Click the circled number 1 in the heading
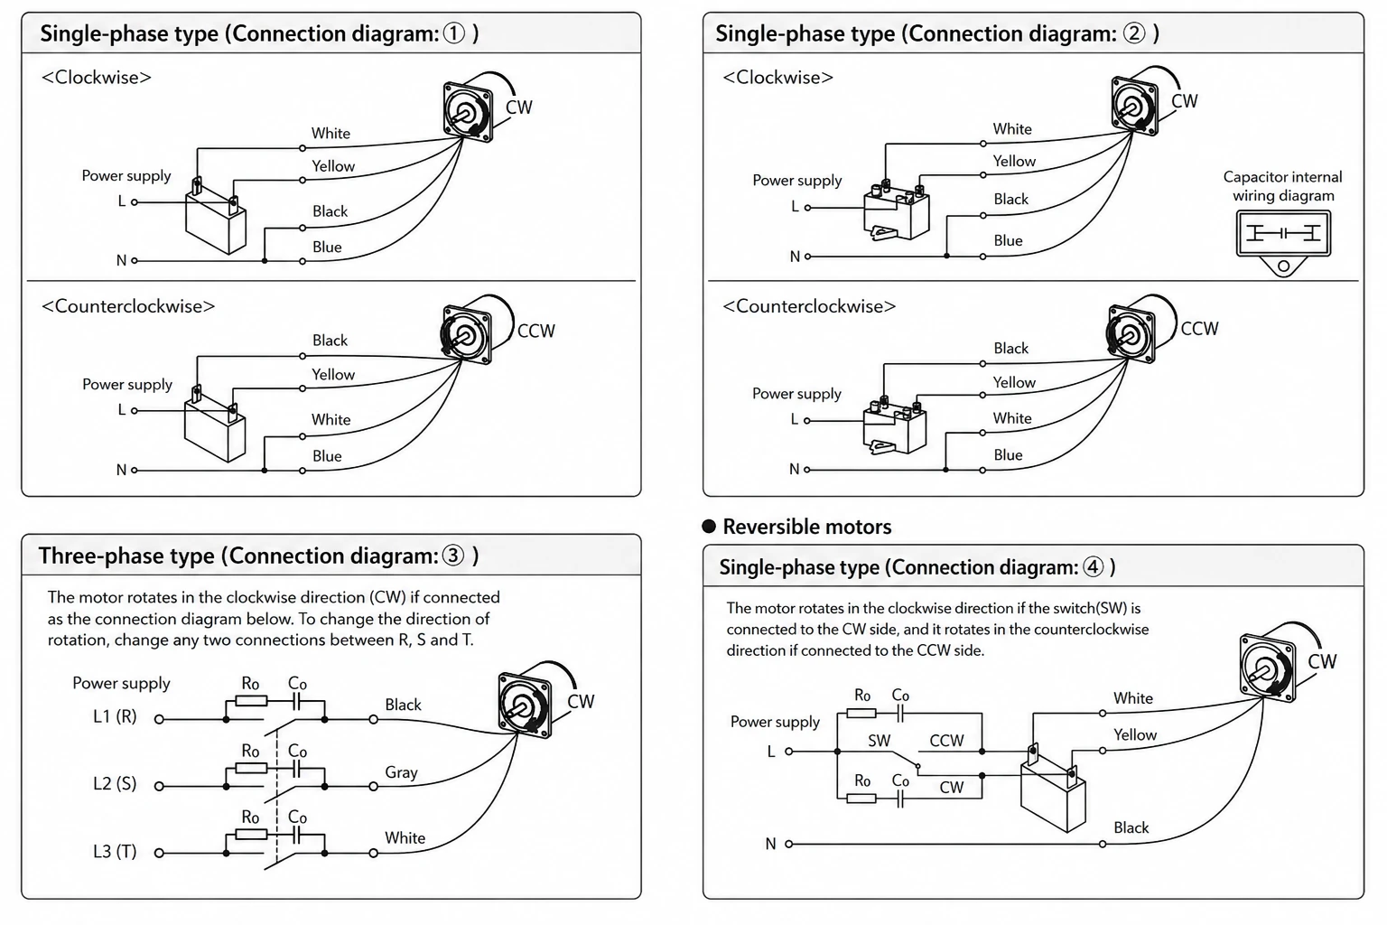454,33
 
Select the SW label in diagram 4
879,741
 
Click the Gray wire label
401,772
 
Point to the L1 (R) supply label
115,716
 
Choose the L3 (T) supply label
115,851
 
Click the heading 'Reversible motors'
806,527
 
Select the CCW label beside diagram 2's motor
1199,329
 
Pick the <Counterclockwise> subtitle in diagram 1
128,306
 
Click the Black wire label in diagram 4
1131,827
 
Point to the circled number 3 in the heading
453,556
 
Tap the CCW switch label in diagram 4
946,741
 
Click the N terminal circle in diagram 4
789,844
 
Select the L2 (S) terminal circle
159,786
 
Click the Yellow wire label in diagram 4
1135,734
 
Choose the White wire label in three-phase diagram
405,837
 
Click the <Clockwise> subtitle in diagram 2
777,78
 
